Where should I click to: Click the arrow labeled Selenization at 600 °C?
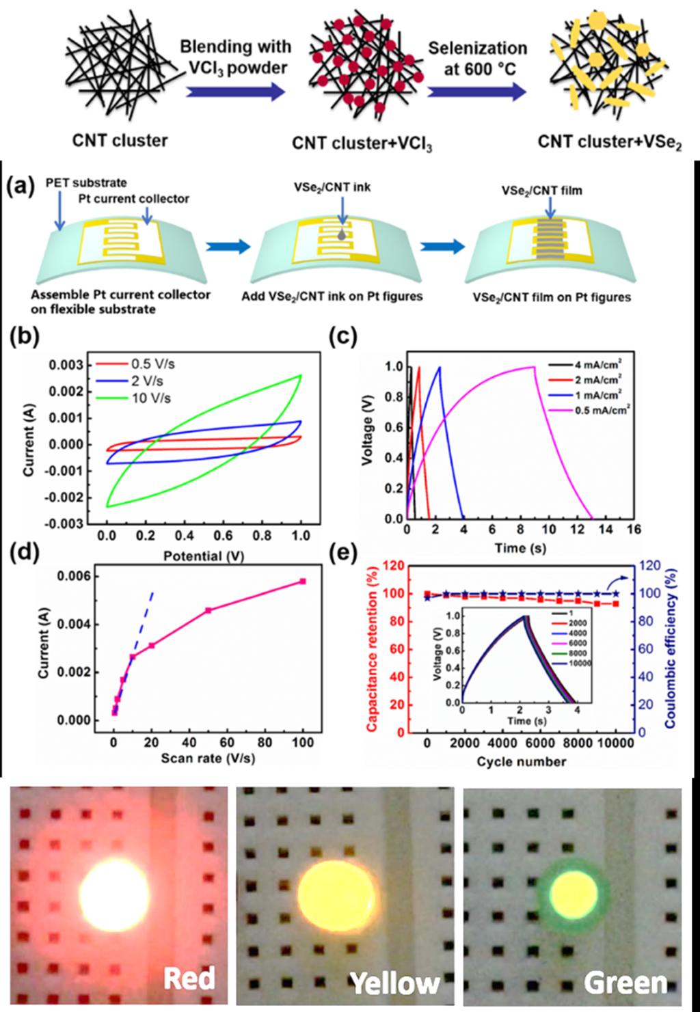point(477,92)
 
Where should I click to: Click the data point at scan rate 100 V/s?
point(303,582)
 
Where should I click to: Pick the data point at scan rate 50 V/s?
point(208,610)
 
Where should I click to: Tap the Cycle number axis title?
point(522,761)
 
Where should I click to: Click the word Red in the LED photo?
point(189,978)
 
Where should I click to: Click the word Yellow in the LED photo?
point(396,981)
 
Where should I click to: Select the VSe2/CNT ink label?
point(340,187)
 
